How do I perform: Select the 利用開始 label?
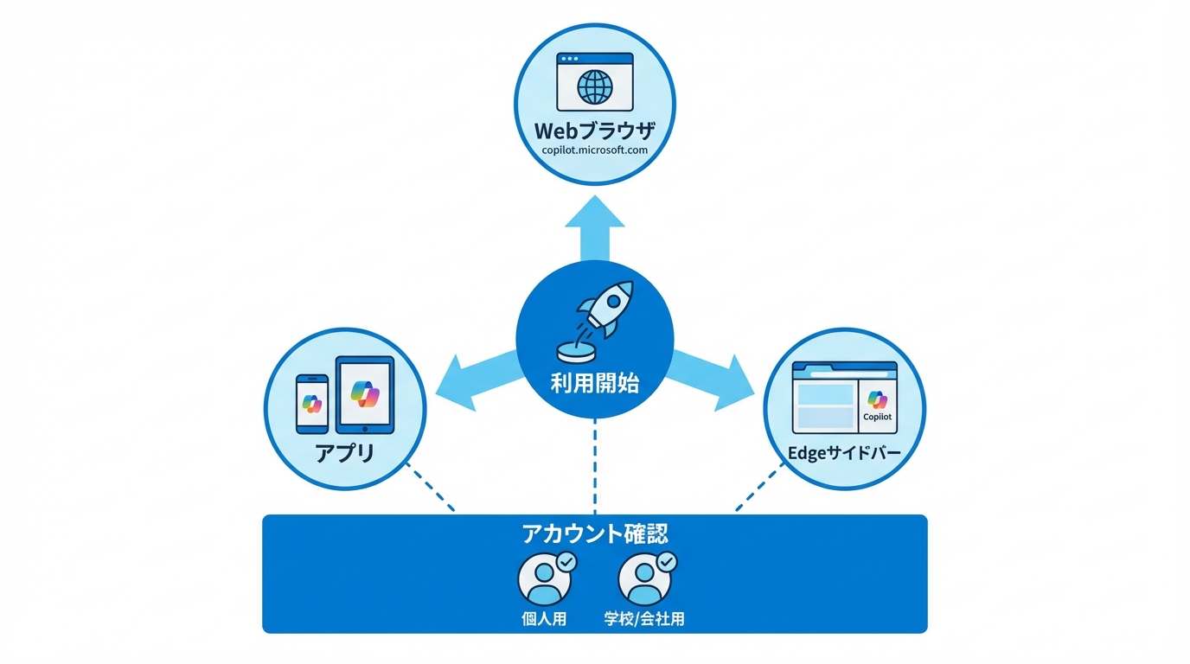pos(595,384)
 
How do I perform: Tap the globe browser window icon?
pos(595,85)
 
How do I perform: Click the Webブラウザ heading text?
pos(595,131)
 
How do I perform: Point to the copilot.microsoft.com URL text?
pos(595,150)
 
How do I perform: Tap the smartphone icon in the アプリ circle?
pos(312,403)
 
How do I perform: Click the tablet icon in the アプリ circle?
pos(364,394)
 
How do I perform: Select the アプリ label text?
pos(345,452)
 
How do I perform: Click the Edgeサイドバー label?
pos(844,452)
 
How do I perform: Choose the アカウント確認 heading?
pos(595,533)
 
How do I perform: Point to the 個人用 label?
pos(545,619)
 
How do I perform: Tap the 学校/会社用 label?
pos(644,619)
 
